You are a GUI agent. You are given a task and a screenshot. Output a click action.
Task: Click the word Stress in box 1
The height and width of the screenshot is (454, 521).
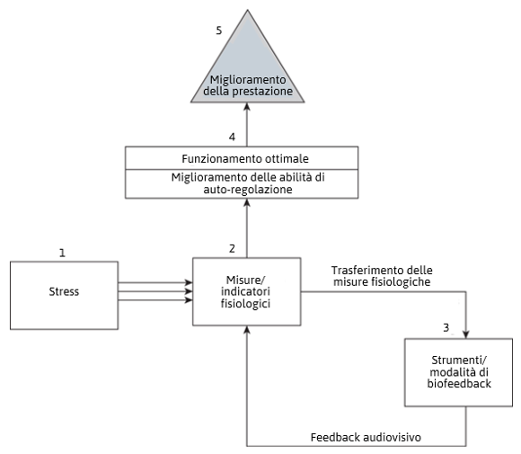click(x=64, y=291)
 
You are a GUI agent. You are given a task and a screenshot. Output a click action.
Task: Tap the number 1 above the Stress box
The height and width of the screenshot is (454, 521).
click(x=62, y=254)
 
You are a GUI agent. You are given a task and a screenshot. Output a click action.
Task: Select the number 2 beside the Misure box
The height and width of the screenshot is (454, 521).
click(x=232, y=248)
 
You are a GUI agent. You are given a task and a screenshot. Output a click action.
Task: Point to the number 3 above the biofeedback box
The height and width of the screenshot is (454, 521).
click(x=446, y=327)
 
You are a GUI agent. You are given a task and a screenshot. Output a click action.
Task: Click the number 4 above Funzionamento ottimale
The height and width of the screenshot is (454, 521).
click(x=232, y=137)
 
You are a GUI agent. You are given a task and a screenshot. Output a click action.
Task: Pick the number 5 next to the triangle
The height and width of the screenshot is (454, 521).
click(x=218, y=31)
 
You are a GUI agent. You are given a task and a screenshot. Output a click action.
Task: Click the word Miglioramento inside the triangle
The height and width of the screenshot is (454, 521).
click(x=248, y=80)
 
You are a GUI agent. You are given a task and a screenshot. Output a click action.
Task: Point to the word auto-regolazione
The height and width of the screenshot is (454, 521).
click(x=248, y=190)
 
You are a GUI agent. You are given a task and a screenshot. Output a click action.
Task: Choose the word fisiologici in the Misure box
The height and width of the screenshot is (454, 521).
click(x=245, y=304)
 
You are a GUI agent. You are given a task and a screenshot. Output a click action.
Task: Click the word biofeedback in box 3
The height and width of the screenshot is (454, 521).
click(x=459, y=384)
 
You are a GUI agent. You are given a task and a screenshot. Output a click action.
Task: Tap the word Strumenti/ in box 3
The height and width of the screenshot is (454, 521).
click(x=459, y=360)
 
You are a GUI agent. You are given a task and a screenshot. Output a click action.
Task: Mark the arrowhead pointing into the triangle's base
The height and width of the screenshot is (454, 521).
click(x=247, y=106)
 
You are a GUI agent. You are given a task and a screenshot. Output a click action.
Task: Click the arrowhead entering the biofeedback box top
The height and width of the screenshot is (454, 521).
click(x=466, y=334)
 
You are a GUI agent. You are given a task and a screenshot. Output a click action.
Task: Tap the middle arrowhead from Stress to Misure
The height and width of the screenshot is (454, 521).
click(x=189, y=291)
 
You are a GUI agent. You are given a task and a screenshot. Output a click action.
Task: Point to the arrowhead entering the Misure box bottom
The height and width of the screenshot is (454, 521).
click(x=247, y=330)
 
